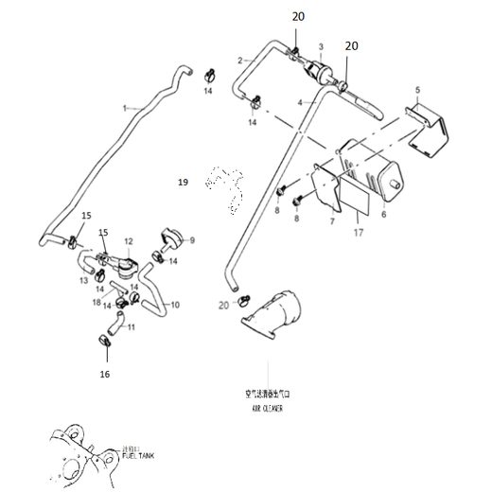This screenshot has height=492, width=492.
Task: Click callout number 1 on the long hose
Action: pyautogui.click(x=123, y=110)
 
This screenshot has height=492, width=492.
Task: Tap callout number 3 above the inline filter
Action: pyautogui.click(x=321, y=46)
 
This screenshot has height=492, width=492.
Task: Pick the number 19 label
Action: pyautogui.click(x=184, y=179)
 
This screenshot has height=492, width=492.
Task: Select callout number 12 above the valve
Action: pyautogui.click(x=128, y=242)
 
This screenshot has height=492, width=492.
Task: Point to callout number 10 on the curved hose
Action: pyautogui.click(x=173, y=305)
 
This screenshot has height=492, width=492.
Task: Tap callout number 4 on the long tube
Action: pyautogui.click(x=299, y=101)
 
